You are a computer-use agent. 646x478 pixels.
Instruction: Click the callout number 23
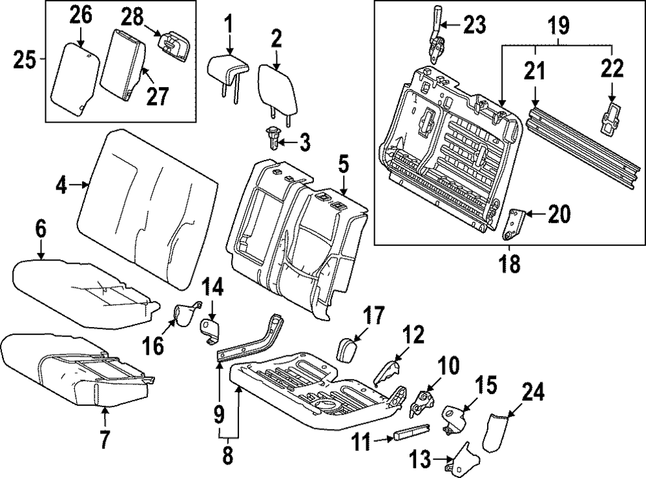[x=475, y=25]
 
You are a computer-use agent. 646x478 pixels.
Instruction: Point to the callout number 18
[x=510, y=264]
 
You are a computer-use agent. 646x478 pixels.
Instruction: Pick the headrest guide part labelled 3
[x=273, y=138]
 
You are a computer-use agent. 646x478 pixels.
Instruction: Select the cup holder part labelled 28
[x=174, y=46]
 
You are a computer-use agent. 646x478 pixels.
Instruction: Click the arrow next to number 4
[x=82, y=185]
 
